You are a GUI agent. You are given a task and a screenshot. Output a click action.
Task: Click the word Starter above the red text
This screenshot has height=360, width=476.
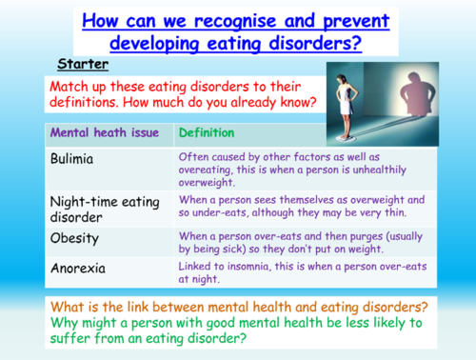pyautogui.click(x=83, y=65)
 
